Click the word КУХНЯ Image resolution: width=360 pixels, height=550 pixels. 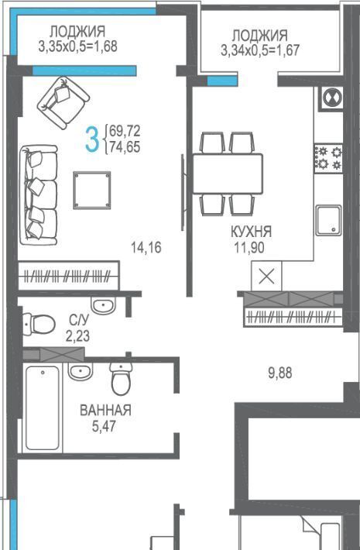point(251,232)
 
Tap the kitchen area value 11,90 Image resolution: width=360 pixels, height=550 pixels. point(249,248)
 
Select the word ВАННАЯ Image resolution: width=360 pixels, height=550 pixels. point(105,410)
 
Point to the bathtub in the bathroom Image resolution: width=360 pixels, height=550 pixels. point(43,408)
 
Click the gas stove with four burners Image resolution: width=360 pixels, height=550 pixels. point(328,157)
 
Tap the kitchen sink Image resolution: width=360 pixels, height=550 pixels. point(328,220)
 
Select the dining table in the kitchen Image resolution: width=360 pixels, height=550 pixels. point(228,174)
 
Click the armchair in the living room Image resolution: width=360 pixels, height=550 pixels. point(63,102)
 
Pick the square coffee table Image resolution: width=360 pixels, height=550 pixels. point(92,190)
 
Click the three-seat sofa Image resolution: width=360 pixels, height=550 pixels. point(39,195)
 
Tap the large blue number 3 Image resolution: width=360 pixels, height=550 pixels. point(92,139)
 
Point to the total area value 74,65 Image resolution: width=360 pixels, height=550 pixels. point(125,147)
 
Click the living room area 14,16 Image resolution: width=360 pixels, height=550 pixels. point(146,247)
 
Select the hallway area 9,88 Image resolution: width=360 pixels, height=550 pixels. point(280,373)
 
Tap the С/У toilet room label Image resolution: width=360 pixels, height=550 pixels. point(79,320)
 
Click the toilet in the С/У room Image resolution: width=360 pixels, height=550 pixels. point(39,324)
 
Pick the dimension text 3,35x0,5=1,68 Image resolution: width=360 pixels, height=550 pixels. point(78,46)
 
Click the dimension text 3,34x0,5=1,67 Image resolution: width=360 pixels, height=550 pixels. point(260,50)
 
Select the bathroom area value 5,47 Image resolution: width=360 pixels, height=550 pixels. point(104,426)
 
